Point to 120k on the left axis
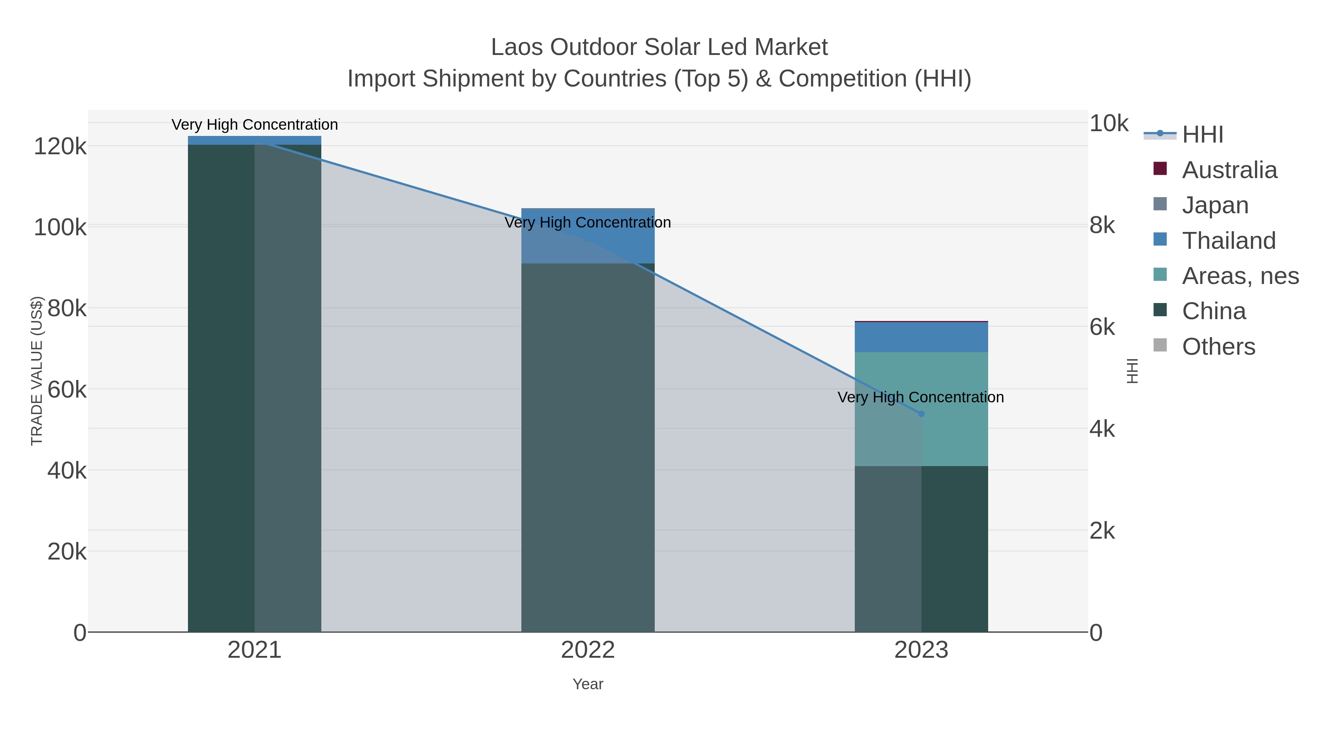click(60, 147)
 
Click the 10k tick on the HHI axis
click(1109, 123)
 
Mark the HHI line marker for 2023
click(921, 414)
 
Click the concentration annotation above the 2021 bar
click(255, 125)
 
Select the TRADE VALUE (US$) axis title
click(37, 371)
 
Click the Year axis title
click(588, 684)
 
